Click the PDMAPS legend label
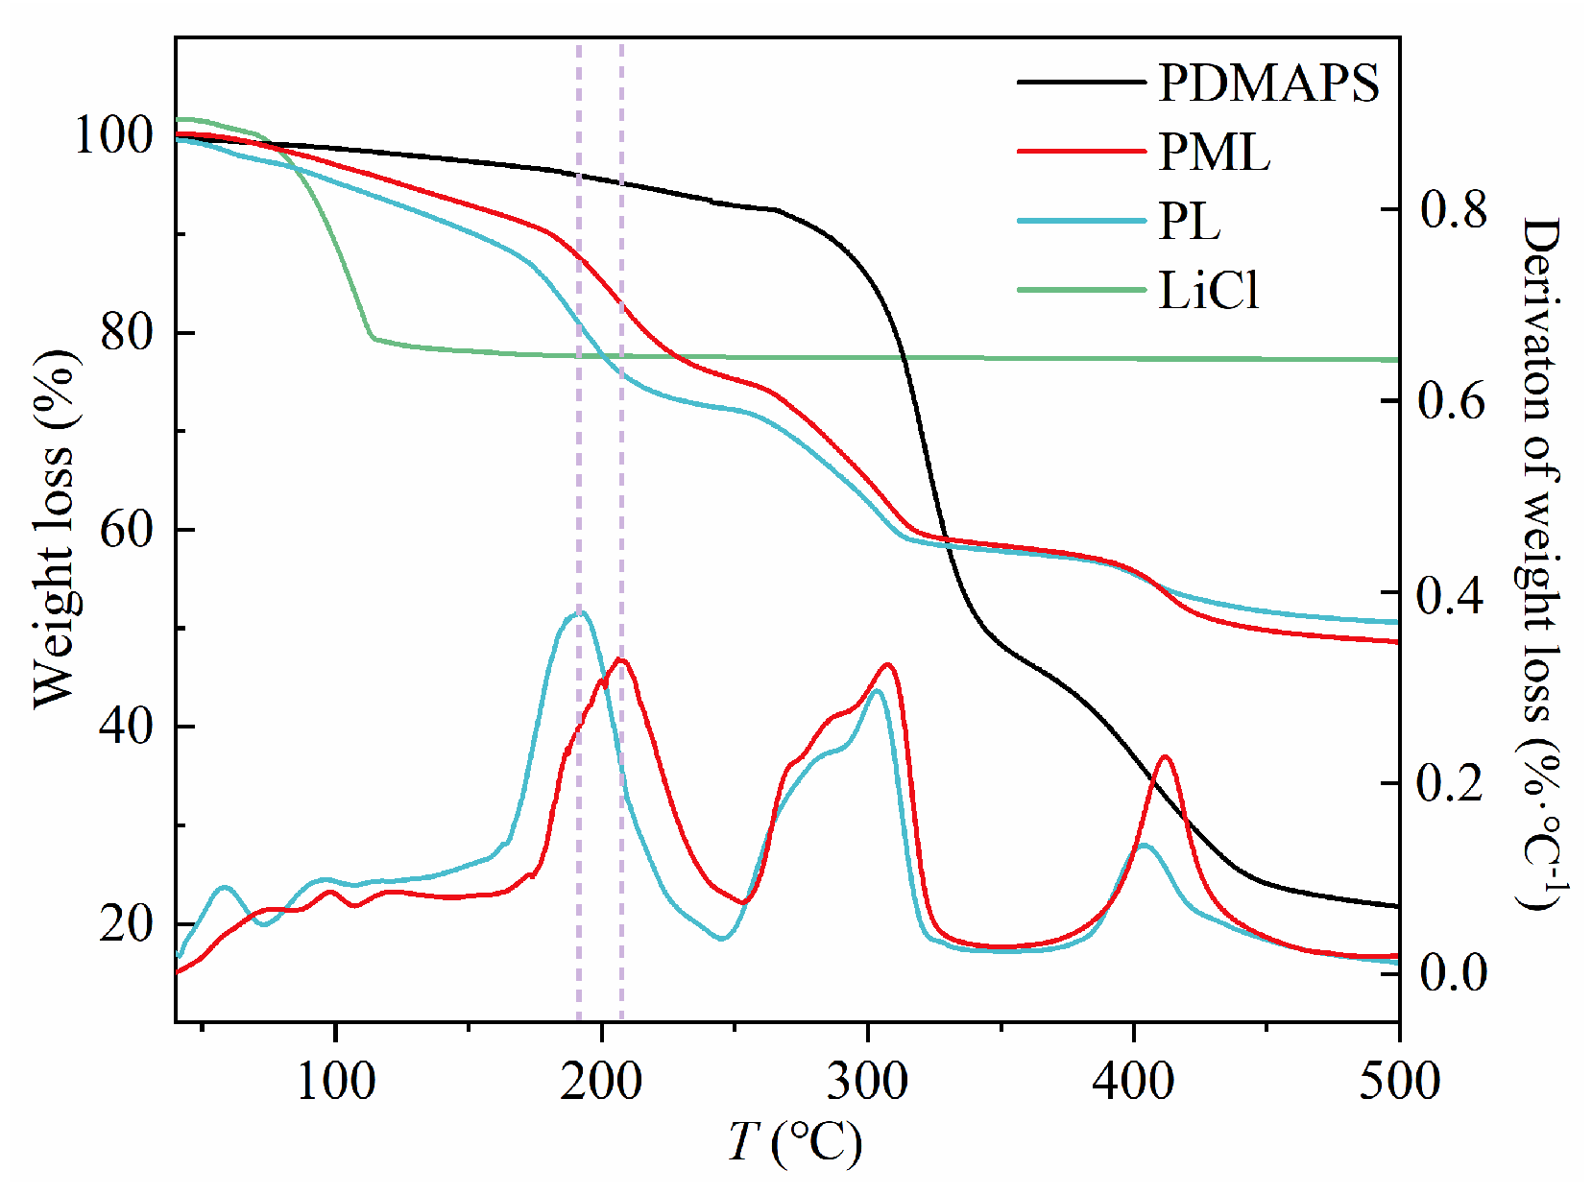click(x=1267, y=83)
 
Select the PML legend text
click(x=1214, y=152)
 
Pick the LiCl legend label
click(x=1208, y=290)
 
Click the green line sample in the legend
click(x=1081, y=290)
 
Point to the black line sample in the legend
click(x=1081, y=83)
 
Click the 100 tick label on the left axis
click(x=113, y=136)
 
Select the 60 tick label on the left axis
click(x=126, y=530)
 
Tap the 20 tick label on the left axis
click(x=126, y=923)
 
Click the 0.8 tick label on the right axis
click(x=1453, y=209)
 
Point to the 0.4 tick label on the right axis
click(x=1453, y=595)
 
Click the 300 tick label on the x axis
click(x=867, y=1082)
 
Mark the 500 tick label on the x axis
click(x=1398, y=1082)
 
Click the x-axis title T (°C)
click(x=795, y=1143)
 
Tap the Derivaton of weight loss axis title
click(x=1540, y=561)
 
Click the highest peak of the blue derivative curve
click(x=579, y=611)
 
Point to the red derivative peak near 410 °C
click(x=1165, y=757)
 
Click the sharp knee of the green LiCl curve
click(x=373, y=337)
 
